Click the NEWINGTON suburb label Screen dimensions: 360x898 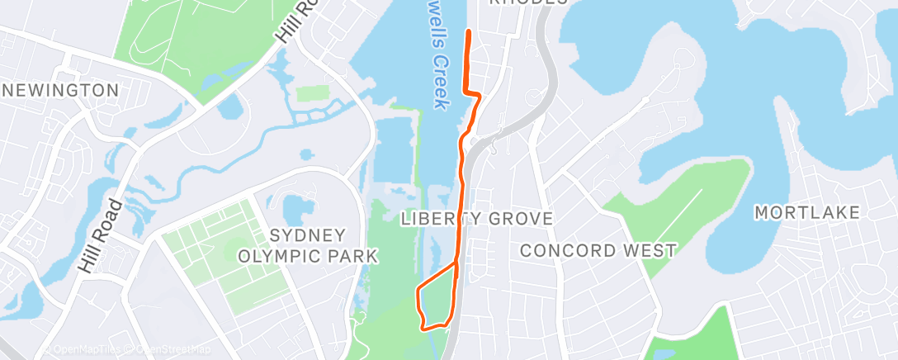coord(59,89)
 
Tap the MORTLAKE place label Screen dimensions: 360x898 coord(807,213)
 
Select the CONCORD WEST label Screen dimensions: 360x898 coord(598,249)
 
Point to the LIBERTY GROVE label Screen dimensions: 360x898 coord(476,219)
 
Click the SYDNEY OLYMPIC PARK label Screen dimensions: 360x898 coord(308,245)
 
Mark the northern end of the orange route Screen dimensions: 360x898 coord(469,31)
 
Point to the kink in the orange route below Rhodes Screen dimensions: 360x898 coord(477,97)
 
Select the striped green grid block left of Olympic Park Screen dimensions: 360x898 coord(226,255)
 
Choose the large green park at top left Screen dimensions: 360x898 coord(190,41)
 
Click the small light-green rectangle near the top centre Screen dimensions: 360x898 coord(312,92)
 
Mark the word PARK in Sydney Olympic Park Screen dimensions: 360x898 coord(351,256)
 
